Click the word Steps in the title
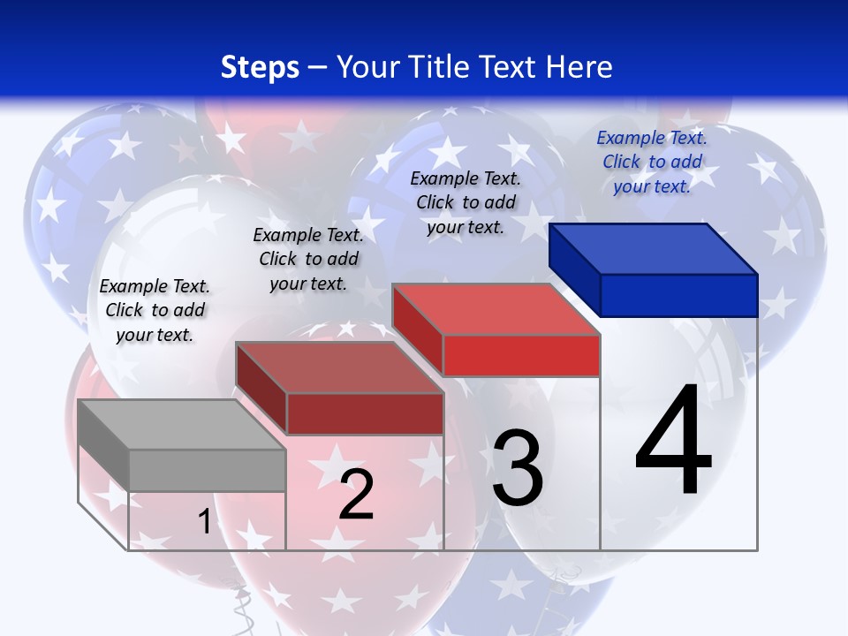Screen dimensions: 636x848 [260, 67]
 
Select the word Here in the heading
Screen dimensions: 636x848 [578, 67]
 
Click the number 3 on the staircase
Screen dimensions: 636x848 [518, 468]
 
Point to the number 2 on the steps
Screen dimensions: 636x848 [356, 495]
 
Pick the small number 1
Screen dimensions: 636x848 [204, 522]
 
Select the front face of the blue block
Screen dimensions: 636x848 [678, 295]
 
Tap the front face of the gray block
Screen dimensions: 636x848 [207, 470]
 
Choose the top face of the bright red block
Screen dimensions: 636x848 [496, 309]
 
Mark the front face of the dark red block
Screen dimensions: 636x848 [365, 413]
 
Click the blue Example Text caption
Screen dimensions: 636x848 [652, 162]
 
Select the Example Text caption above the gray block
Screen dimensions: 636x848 [155, 310]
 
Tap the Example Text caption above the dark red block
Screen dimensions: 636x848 [308, 259]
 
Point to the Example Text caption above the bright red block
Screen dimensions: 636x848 [466, 202]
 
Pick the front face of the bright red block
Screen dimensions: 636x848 [521, 355]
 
